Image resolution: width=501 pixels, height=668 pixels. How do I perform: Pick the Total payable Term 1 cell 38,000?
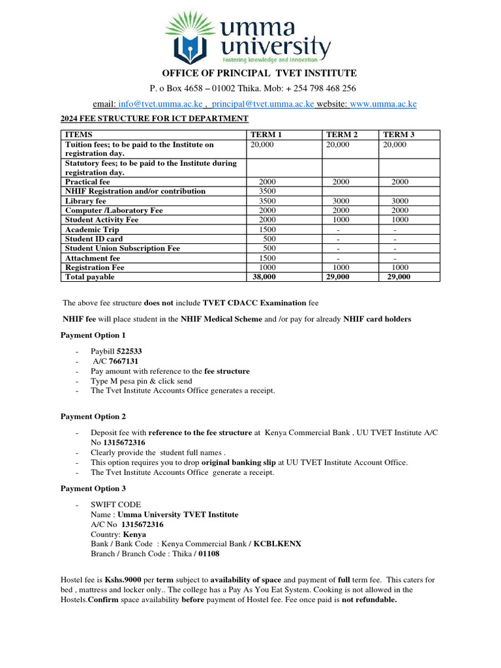tap(264, 277)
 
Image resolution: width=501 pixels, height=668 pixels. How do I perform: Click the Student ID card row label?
tap(94, 239)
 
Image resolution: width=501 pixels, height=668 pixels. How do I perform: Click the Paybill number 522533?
tap(129, 351)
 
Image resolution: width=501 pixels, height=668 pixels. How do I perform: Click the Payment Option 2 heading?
tap(93, 416)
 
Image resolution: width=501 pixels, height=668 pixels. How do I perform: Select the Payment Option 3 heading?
tap(93, 488)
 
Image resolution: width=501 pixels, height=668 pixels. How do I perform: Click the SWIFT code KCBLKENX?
tap(277, 543)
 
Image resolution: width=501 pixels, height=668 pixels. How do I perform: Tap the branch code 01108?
tap(209, 553)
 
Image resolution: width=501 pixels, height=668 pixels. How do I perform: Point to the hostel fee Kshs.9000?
tap(123, 580)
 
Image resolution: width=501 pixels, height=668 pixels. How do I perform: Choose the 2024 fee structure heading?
tap(155, 118)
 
